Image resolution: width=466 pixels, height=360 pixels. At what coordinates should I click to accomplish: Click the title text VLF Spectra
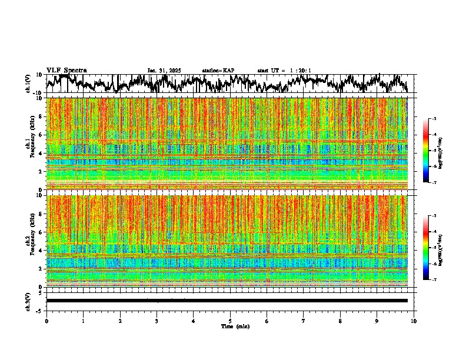point(66,71)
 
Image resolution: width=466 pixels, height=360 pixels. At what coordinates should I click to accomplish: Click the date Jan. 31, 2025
point(164,71)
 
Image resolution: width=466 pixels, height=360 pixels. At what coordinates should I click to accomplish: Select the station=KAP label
point(218,71)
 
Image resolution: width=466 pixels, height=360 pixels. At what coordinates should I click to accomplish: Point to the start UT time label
point(284,71)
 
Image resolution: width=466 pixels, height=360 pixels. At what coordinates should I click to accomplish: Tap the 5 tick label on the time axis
point(230,321)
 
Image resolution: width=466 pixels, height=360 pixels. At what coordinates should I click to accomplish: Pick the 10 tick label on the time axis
point(414,321)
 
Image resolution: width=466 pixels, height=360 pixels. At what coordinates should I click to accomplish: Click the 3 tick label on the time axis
point(157,321)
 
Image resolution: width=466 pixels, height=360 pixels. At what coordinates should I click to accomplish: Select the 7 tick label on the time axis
point(304,321)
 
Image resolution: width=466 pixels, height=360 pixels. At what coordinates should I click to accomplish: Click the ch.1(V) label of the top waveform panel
point(28,84)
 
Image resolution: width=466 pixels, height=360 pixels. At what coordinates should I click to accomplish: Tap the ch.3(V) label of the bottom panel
point(28,300)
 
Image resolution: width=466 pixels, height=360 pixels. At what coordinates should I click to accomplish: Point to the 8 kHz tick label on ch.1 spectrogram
point(41,116)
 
